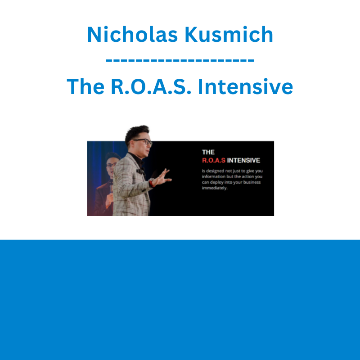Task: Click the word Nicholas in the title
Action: pos(132,35)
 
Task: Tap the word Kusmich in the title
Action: pos(229,35)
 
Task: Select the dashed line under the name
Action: pos(180,60)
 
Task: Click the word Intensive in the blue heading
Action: pos(245,86)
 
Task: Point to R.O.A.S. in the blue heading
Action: pos(151,86)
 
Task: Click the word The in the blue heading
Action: pos(85,86)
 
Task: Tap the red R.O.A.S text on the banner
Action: pos(213,160)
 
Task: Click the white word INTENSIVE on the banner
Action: pos(243,160)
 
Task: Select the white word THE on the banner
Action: pos(208,152)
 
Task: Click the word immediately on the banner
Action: pos(215,188)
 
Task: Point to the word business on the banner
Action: pos(252,182)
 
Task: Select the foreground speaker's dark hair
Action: pos(136,133)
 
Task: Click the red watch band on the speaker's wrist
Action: pos(151,183)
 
